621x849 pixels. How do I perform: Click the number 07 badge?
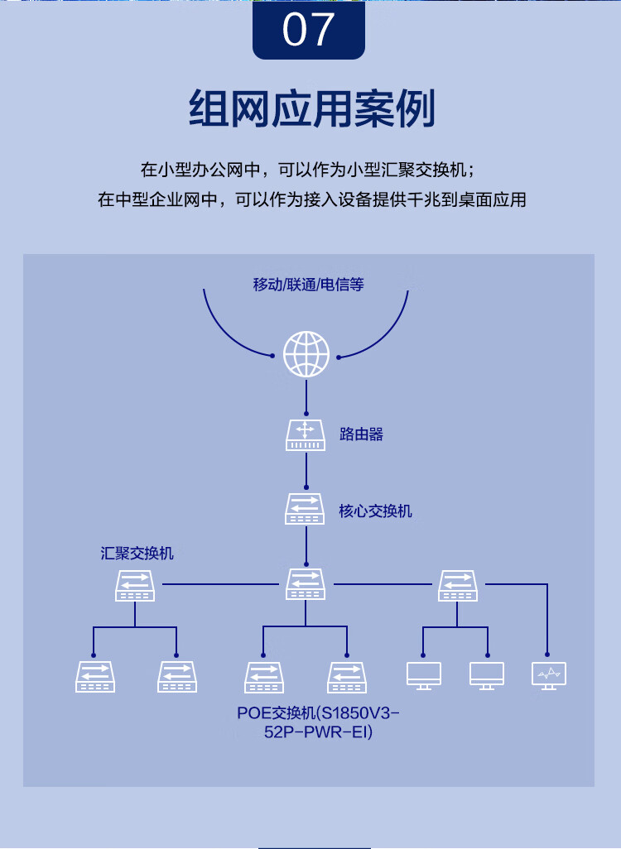[x=309, y=30]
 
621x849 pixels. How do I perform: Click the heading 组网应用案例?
[x=310, y=108]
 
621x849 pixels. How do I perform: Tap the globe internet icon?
[x=306, y=354]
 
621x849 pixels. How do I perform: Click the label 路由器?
[x=362, y=434]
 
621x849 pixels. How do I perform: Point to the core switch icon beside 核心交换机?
[x=306, y=508]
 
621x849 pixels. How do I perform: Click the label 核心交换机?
[x=375, y=511]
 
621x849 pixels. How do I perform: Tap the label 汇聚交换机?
[x=137, y=554]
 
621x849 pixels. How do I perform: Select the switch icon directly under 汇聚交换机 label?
[x=135, y=585]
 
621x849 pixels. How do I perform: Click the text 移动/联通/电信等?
[x=308, y=285]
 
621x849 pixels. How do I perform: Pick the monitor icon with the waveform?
[x=548, y=676]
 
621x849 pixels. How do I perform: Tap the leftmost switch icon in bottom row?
[x=94, y=676]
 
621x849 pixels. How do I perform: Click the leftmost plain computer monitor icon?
[x=424, y=676]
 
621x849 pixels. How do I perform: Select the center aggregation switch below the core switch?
[x=306, y=584]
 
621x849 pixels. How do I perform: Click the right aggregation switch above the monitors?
[x=458, y=584]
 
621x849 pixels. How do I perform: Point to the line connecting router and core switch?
[x=306, y=472]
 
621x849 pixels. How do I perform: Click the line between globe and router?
[x=306, y=396]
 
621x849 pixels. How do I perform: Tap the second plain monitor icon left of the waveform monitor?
[x=487, y=676]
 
